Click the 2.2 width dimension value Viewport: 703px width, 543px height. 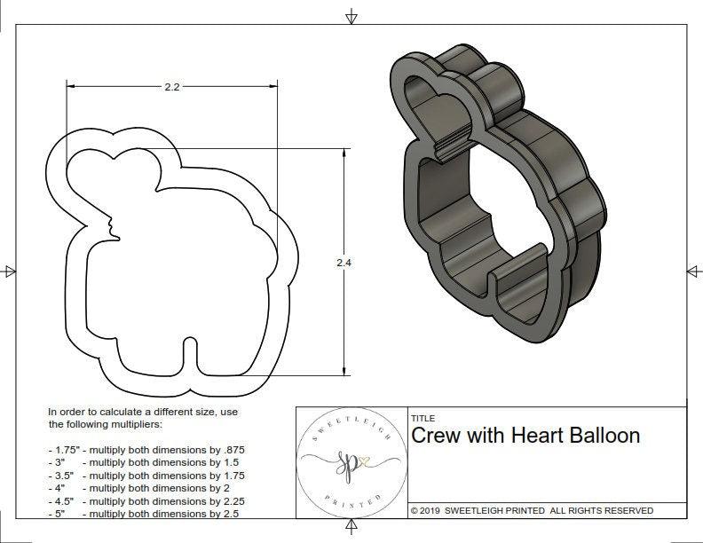(172, 87)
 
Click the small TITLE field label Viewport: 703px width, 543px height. (423, 418)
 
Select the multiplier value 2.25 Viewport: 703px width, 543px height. (233, 501)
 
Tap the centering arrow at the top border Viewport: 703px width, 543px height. (351, 16)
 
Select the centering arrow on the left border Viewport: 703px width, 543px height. (9, 271)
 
